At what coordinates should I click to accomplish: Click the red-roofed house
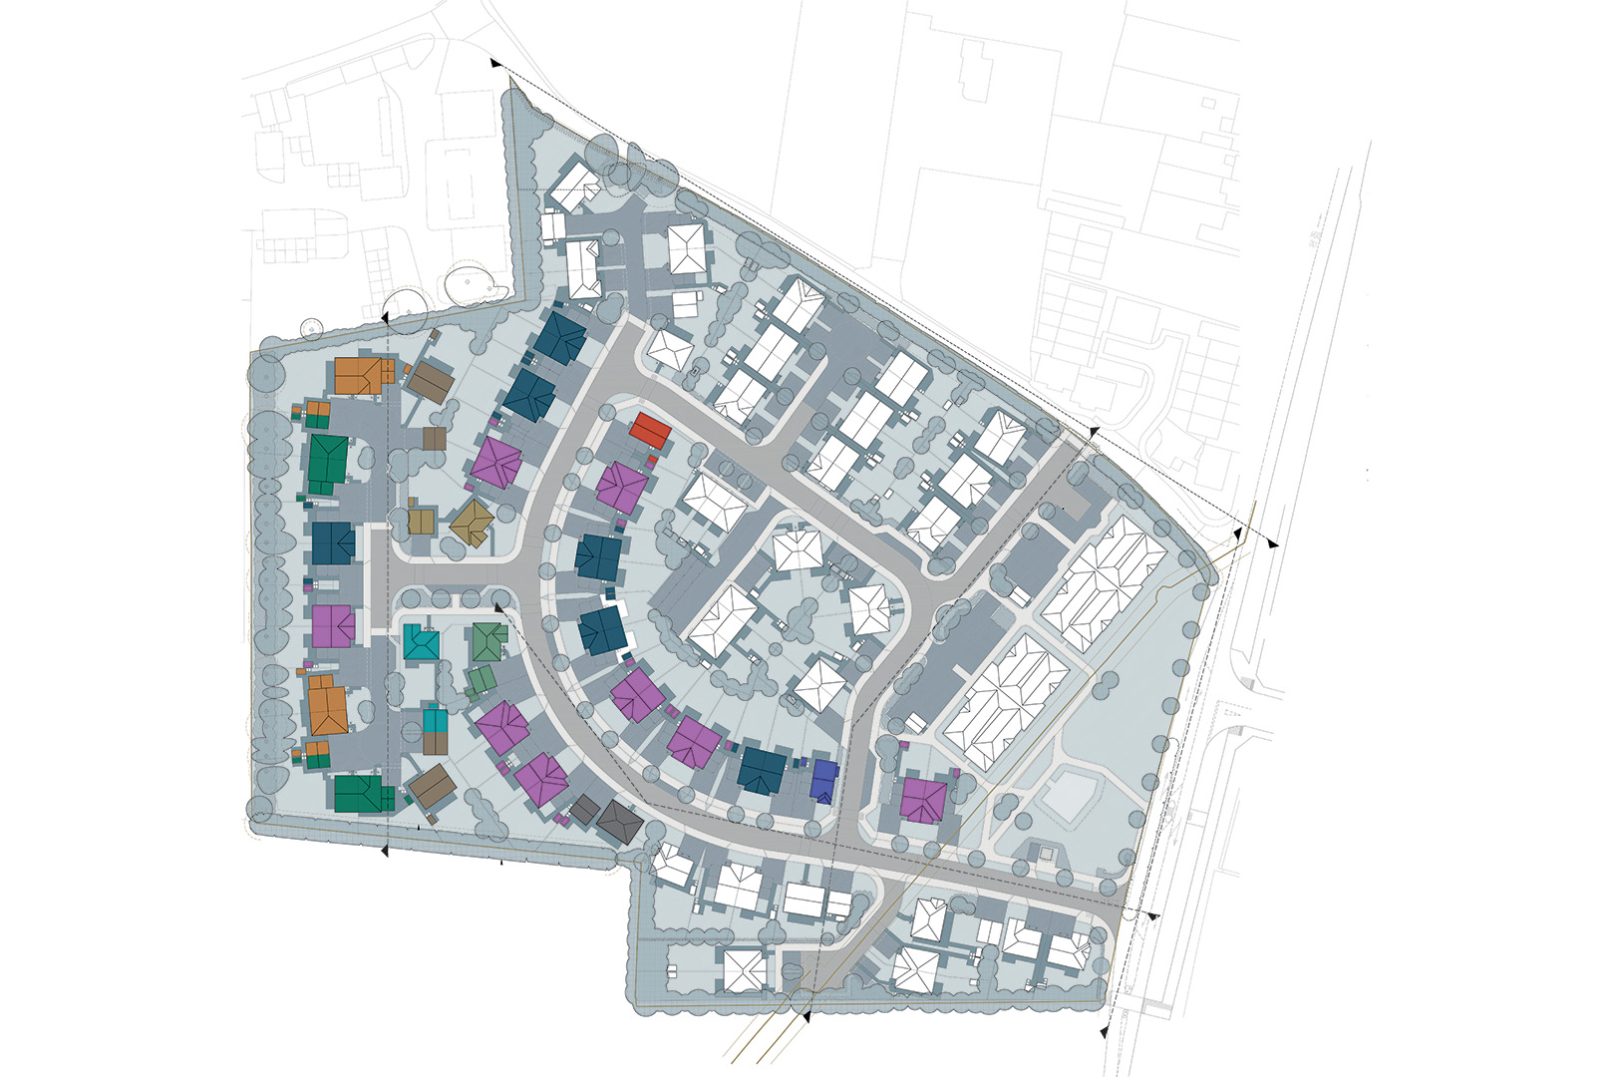coord(651,431)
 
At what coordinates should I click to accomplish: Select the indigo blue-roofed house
coord(824,782)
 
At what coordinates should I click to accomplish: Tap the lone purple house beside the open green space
coord(923,800)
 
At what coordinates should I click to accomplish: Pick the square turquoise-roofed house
coord(422,643)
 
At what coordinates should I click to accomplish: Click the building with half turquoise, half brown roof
coord(436,730)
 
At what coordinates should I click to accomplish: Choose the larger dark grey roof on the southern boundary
coord(619,822)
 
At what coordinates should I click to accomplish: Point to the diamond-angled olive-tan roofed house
coord(472,522)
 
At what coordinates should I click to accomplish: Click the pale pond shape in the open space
coord(1069,795)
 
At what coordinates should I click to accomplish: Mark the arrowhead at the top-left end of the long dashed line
coord(495,64)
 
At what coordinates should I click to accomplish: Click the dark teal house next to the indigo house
coord(763,770)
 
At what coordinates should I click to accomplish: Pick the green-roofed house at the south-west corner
coord(359,794)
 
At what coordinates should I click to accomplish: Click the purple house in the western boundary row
coord(333,626)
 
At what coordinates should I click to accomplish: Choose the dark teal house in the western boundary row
coord(333,543)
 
